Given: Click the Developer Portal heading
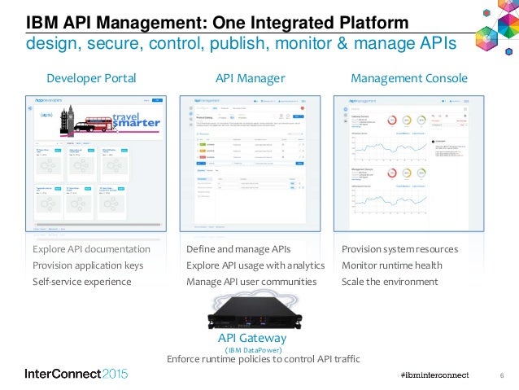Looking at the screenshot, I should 90,79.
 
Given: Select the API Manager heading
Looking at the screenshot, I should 250,79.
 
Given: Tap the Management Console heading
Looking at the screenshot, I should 408,79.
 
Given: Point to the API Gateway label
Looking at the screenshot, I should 251,337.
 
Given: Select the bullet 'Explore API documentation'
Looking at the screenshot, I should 91,249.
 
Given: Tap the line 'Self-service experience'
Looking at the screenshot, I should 81,282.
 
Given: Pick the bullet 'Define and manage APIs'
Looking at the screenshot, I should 238,249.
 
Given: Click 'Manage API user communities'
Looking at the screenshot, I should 251,282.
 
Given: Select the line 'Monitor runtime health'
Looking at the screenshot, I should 392,265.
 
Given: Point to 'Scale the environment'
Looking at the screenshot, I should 390,282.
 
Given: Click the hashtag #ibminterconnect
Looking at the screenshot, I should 435,374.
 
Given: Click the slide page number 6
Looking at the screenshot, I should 501,375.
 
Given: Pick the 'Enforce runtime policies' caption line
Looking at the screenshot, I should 262,359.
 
